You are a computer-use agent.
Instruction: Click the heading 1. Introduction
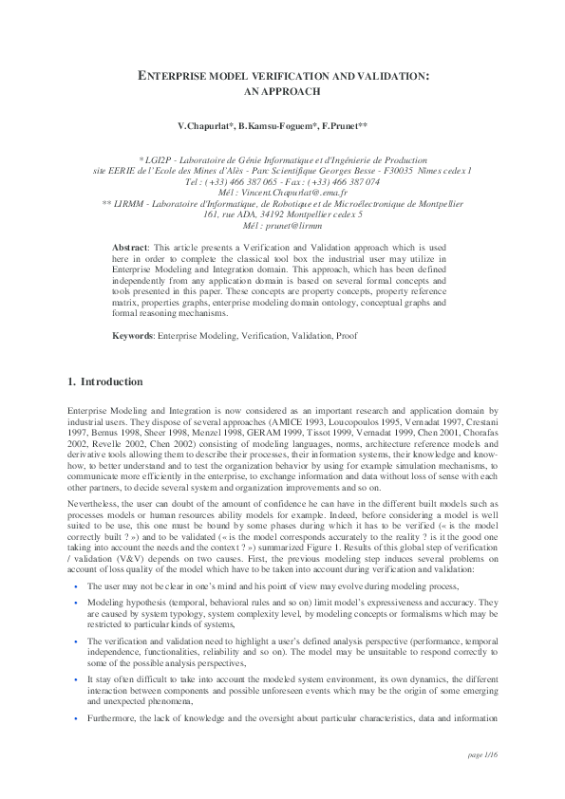pos(105,382)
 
